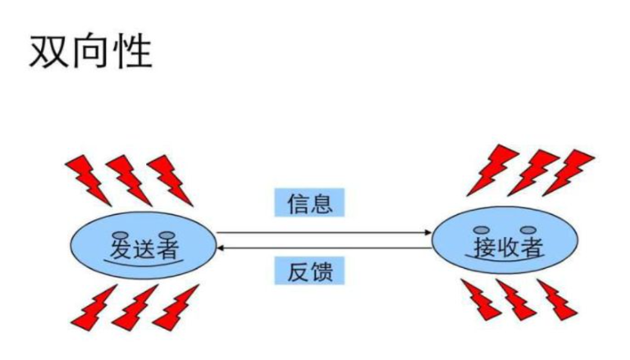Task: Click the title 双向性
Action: [91, 52]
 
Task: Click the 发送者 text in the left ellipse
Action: [147, 246]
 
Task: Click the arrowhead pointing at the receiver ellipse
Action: [427, 233]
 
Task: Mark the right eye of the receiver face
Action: [527, 228]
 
